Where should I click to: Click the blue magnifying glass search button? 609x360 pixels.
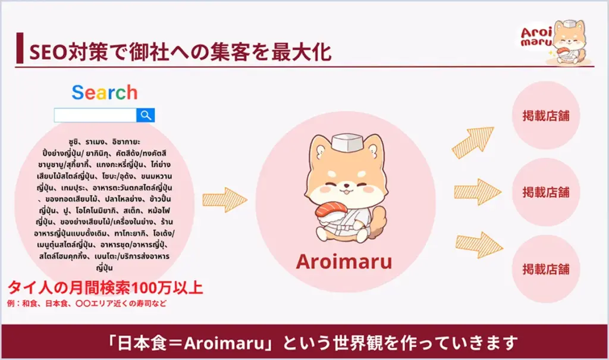[146, 115]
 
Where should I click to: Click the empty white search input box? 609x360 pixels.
[95, 115]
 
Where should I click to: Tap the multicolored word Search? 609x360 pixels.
[105, 92]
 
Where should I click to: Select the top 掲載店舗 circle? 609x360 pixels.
[546, 115]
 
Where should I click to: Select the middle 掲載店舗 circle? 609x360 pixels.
[546, 192]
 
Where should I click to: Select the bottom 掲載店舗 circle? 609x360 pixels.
[546, 269]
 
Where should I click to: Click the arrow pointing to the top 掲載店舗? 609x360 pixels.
[473, 142]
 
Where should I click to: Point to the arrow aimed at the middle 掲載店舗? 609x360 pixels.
[478, 192]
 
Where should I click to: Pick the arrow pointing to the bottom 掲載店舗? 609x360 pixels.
[479, 245]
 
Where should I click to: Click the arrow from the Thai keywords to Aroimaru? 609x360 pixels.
[225, 200]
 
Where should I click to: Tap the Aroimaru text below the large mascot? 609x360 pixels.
[344, 262]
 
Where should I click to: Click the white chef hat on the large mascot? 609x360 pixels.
[347, 142]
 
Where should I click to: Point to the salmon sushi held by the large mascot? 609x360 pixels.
[331, 210]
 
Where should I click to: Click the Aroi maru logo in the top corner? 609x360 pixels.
[555, 42]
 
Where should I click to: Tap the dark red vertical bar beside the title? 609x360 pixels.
[20, 48]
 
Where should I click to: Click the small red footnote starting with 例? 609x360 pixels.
[87, 303]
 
